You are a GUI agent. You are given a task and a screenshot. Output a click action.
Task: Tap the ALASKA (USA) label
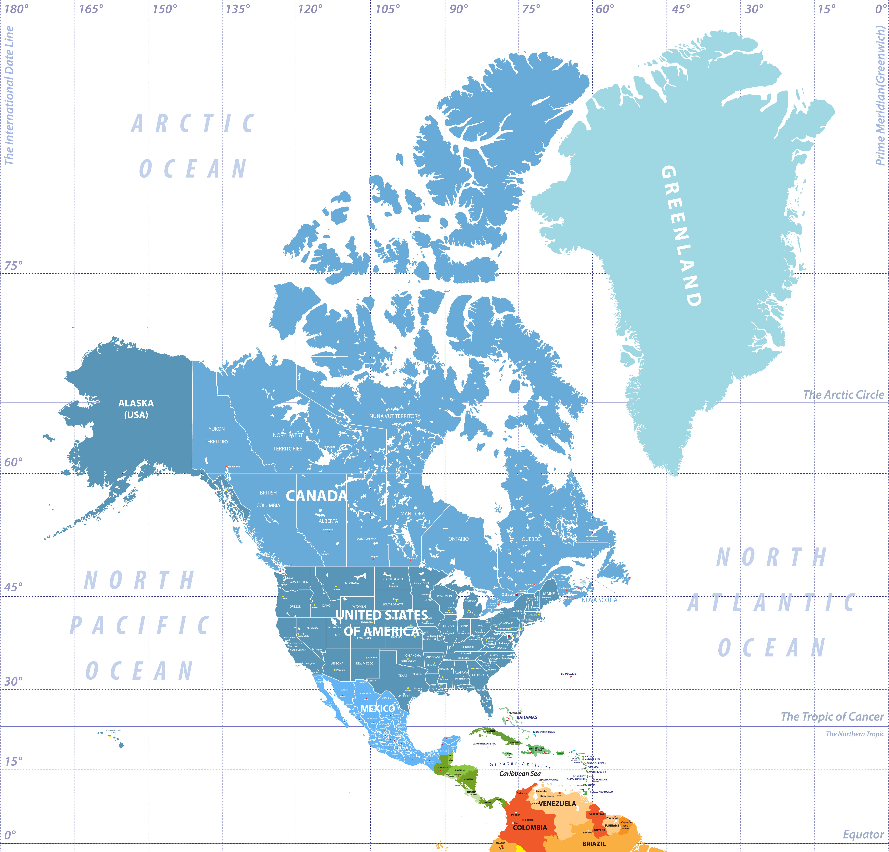136,409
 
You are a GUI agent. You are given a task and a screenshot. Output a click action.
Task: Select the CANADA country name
316,496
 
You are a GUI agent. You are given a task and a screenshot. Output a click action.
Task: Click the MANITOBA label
412,514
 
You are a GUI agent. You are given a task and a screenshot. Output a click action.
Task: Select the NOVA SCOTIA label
599,600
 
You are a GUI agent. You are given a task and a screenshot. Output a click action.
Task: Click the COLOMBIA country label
530,828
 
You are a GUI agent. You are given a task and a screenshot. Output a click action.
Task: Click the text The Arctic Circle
843,395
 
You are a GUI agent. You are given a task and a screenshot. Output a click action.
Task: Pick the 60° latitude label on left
13,462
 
